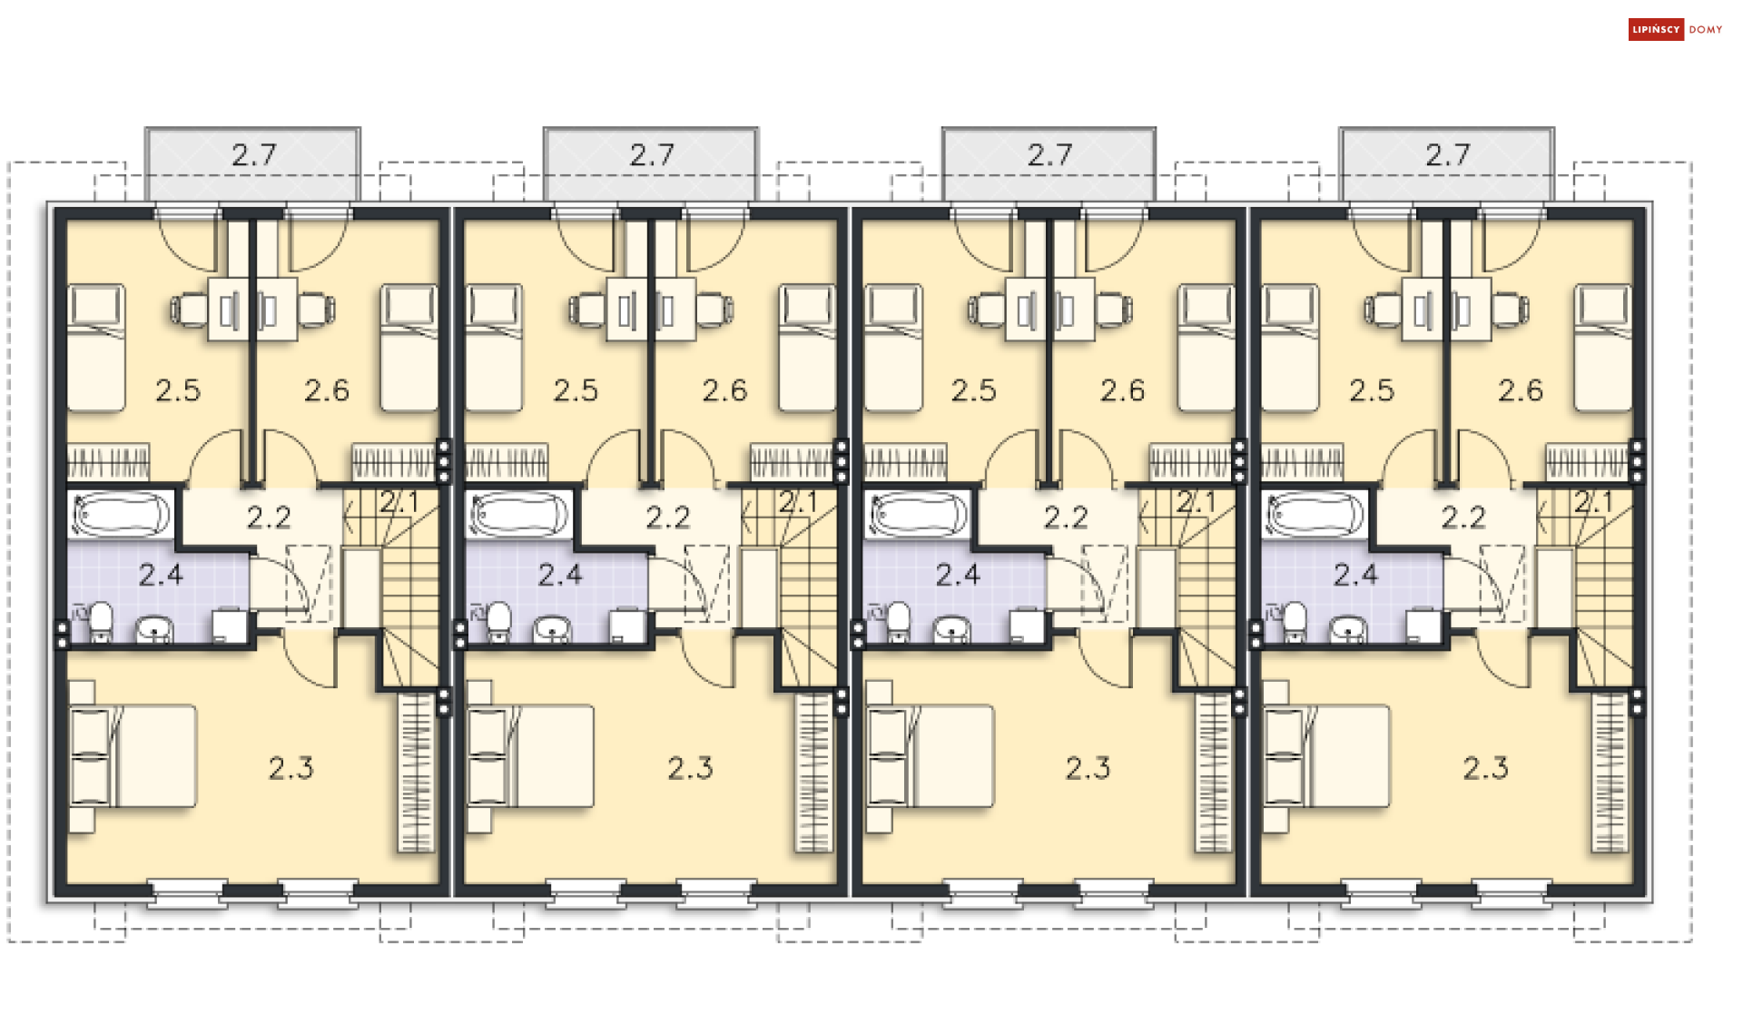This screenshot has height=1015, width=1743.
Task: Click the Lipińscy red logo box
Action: click(x=1656, y=29)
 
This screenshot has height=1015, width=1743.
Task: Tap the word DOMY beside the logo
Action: click(x=1706, y=30)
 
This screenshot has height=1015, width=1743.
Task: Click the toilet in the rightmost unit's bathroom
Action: click(x=1295, y=622)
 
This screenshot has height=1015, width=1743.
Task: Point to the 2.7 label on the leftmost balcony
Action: click(x=253, y=155)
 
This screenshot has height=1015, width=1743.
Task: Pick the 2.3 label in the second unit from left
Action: click(x=690, y=768)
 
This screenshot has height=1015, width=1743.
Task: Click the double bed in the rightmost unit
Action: click(x=1326, y=756)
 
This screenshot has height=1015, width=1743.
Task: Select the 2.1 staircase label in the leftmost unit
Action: click(x=399, y=502)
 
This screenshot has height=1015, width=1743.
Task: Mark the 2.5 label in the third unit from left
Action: click(x=973, y=390)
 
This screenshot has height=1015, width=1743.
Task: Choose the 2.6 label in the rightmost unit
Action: click(x=1521, y=390)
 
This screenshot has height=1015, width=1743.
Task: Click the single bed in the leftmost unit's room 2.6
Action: click(x=409, y=349)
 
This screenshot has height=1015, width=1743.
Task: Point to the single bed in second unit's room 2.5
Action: click(x=494, y=349)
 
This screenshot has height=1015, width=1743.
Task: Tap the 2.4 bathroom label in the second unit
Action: click(x=560, y=575)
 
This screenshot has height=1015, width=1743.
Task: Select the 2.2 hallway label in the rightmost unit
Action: click(x=1463, y=517)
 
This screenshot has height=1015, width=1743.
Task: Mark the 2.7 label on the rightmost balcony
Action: click(x=1447, y=155)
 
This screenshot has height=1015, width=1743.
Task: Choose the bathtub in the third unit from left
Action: click(x=917, y=515)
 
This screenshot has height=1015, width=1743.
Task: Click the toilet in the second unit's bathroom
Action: click(x=499, y=622)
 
